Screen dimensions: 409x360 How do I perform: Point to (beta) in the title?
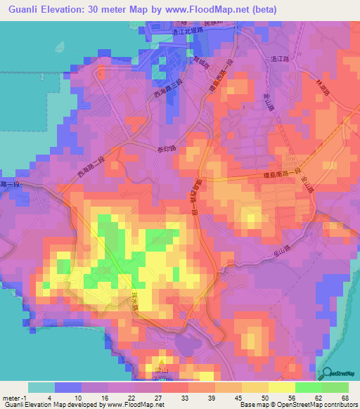tap(260, 10)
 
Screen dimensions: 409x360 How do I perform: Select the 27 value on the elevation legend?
tap(161, 398)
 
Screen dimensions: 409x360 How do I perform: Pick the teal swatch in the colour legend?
tap(41, 387)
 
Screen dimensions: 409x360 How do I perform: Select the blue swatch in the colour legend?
tap(67, 387)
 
